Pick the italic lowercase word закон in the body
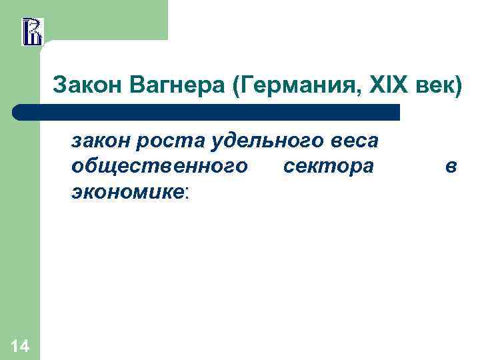(x=100, y=141)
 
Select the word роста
(x=167, y=141)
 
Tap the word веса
(x=353, y=141)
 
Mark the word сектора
(x=328, y=167)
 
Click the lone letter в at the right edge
(x=451, y=167)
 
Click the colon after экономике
(x=187, y=193)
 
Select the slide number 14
(x=20, y=345)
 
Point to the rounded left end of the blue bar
(x=20, y=112)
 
